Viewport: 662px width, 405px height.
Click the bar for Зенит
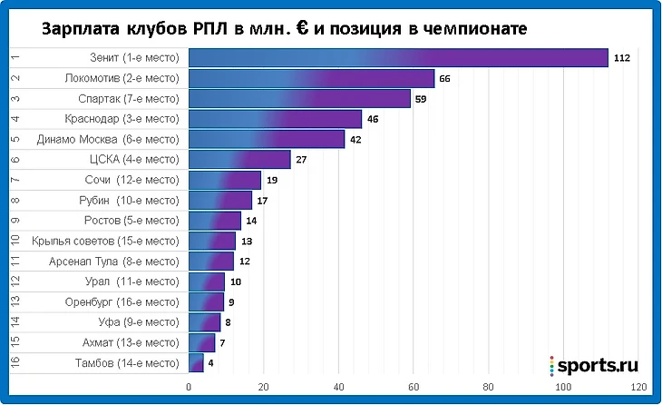[x=398, y=58]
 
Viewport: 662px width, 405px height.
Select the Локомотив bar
[x=311, y=79]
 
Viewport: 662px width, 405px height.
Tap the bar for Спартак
[x=299, y=99]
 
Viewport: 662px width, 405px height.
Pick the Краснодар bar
[x=275, y=119]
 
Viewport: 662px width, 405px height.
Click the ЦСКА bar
[x=239, y=160]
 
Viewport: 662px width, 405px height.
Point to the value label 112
[x=621, y=58]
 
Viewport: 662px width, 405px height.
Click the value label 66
[x=444, y=79]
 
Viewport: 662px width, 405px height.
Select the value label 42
[x=355, y=140]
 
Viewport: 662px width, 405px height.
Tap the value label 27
[x=301, y=160]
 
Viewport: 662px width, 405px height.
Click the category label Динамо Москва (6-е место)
[x=108, y=140]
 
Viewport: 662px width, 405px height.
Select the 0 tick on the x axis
[x=189, y=387]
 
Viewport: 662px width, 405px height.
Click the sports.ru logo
[x=594, y=365]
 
